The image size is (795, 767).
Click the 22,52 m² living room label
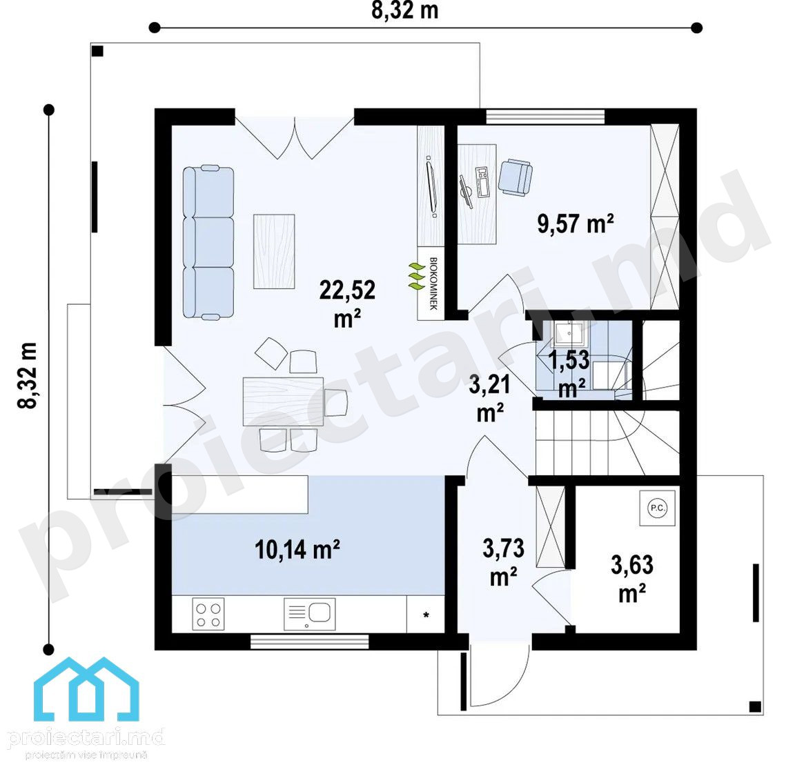[x=347, y=303]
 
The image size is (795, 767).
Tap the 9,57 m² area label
[x=576, y=223]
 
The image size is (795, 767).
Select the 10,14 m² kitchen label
[x=297, y=549]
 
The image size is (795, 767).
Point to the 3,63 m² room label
[x=632, y=579]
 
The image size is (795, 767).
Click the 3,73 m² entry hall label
[x=504, y=562]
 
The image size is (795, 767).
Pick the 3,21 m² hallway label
[x=490, y=399]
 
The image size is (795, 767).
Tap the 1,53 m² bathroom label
[x=570, y=374]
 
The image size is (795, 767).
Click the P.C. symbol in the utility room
[x=657, y=508]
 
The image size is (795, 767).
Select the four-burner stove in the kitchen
[x=208, y=614]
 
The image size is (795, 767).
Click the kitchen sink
[x=309, y=613]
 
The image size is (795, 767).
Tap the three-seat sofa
[x=208, y=242]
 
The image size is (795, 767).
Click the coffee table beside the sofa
[x=274, y=251]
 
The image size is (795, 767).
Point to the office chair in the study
[x=516, y=177]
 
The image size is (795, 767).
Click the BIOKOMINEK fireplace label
[x=433, y=283]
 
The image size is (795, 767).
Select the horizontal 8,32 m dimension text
[x=404, y=10]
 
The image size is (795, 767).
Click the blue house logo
[x=86, y=688]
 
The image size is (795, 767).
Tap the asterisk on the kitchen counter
[x=426, y=615]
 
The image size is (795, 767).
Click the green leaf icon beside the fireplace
[x=417, y=277]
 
